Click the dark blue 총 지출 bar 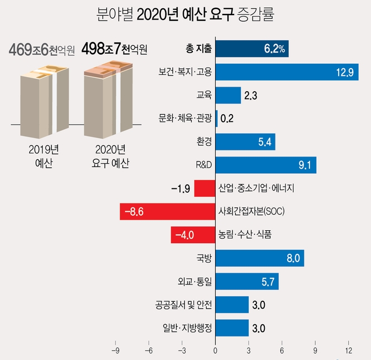pyautogui.click(x=251, y=49)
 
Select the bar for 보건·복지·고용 pyautogui.click(x=287, y=72)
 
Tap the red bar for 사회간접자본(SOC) pyautogui.click(x=168, y=212)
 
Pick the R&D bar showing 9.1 pyautogui.click(x=266, y=165)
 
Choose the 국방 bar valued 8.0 pyautogui.click(x=260, y=258)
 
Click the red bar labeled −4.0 pyautogui.click(x=193, y=235)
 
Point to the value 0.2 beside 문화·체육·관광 pyautogui.click(x=227, y=119)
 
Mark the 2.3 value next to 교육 pyautogui.click(x=250, y=96)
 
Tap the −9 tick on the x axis pyautogui.click(x=116, y=351)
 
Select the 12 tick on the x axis pyautogui.click(x=349, y=351)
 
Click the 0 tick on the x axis pyautogui.click(x=216, y=351)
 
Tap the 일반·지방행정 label pyautogui.click(x=184, y=328)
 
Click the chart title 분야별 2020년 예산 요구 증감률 pyautogui.click(x=185, y=13)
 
